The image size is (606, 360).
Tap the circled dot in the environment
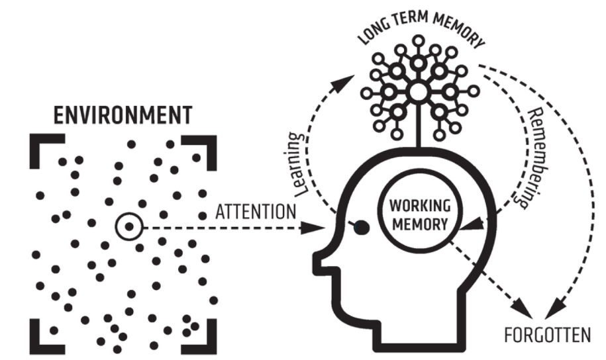tap(129, 227)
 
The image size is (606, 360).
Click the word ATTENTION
tap(255, 212)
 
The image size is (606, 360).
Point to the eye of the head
tap(361, 228)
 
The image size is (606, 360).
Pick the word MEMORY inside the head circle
tap(415, 223)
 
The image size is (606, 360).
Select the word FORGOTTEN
tap(546, 334)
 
